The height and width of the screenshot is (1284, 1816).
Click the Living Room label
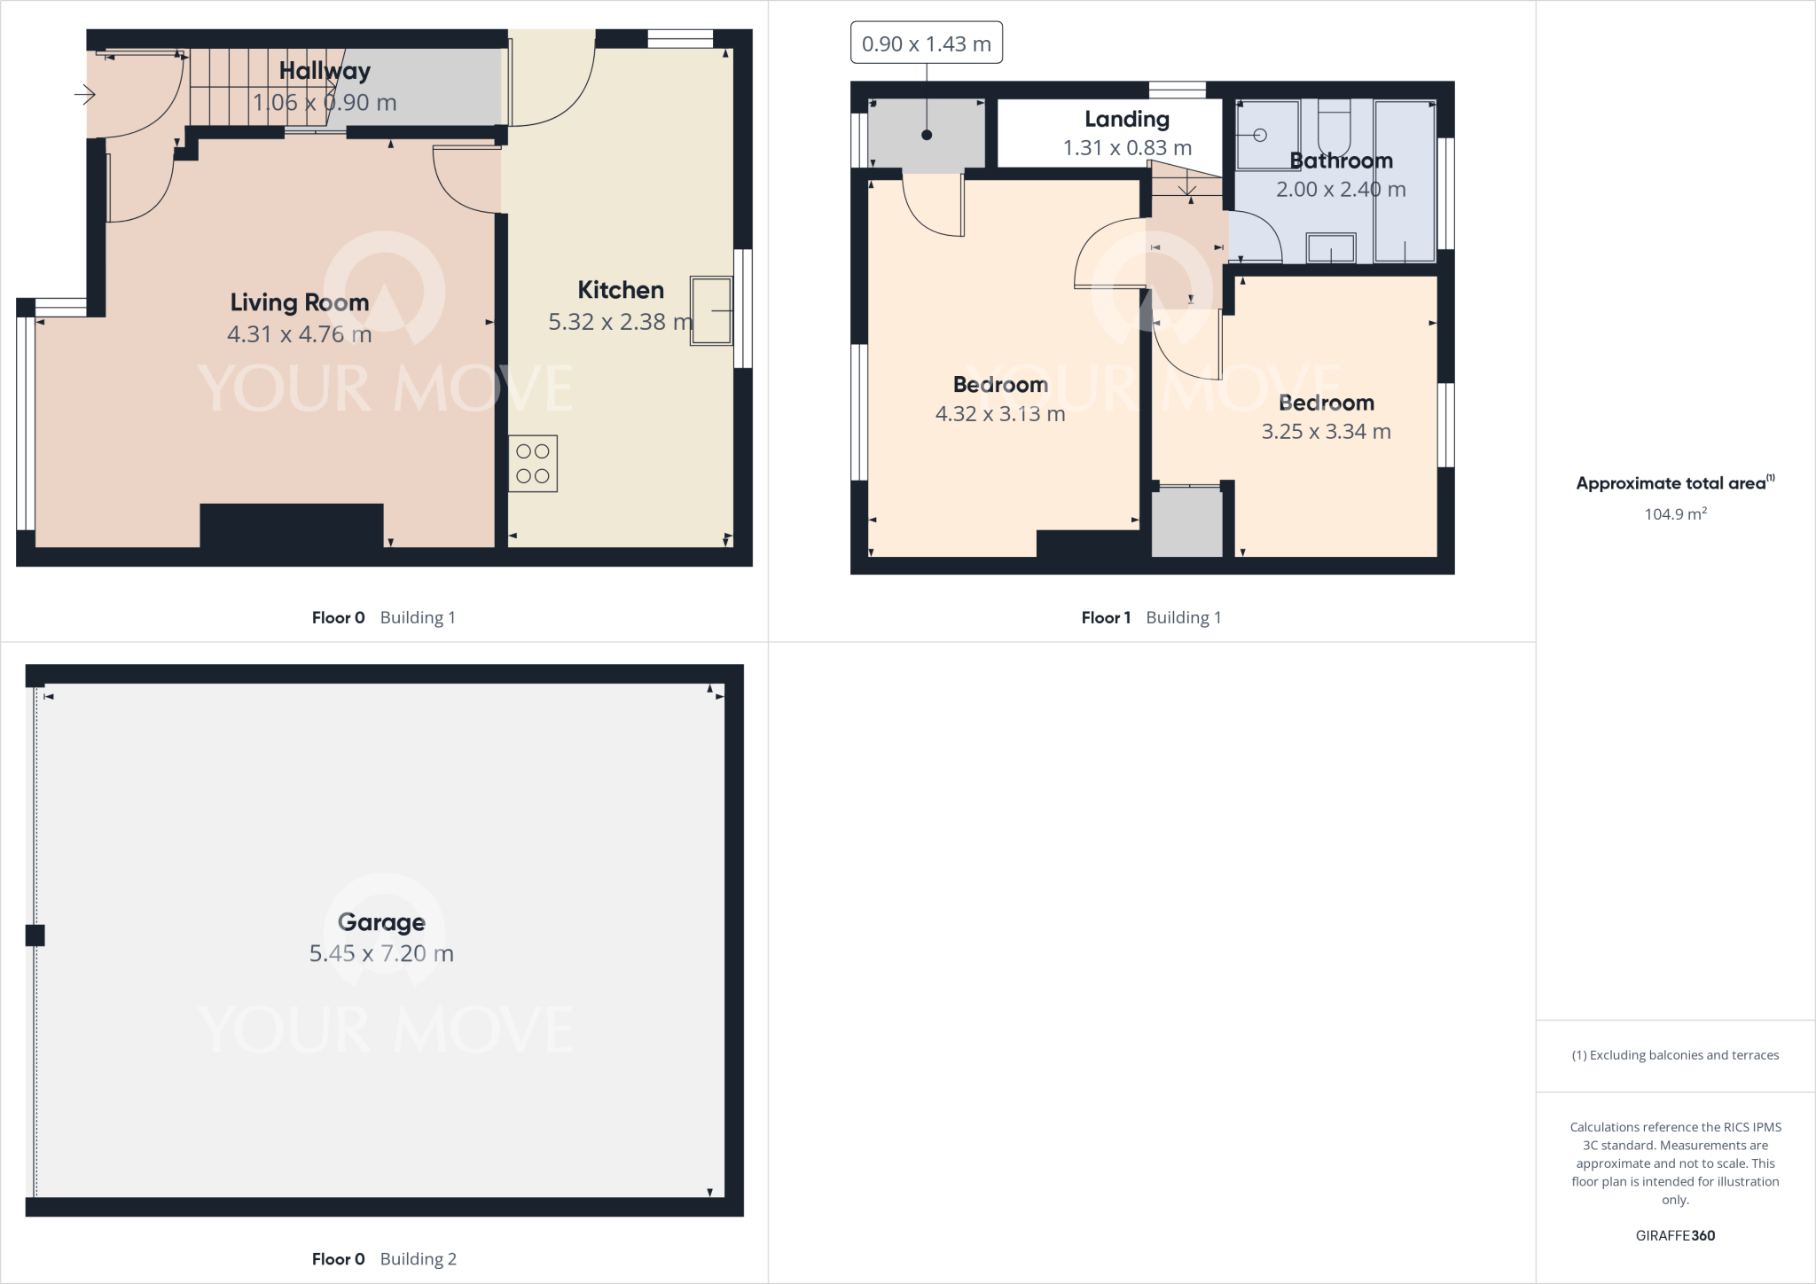300,302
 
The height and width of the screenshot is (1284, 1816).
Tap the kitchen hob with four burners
533,464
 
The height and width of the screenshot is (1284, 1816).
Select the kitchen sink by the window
711,310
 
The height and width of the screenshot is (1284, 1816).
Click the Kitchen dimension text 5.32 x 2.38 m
620,322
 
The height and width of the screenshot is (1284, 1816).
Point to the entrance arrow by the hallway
85,94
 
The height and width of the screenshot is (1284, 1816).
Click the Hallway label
325,71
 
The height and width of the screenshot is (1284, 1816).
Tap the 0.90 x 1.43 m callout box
927,43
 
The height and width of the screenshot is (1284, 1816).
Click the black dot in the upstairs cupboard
927,136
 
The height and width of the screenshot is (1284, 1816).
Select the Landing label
1127,119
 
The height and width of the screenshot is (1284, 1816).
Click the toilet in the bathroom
1334,129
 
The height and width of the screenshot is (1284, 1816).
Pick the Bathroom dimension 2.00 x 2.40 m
1341,189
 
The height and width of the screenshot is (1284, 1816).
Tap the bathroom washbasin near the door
1331,248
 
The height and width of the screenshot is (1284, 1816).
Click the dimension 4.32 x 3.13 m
1000,414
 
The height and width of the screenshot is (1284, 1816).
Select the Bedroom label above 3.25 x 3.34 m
1327,403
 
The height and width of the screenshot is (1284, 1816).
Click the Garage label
381,922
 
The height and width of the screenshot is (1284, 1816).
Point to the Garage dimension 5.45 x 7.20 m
381,953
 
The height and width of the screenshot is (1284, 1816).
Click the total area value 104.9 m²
1675,514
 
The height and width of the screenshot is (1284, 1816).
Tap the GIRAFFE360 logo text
1675,1235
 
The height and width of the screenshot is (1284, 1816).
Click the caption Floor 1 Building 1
1151,618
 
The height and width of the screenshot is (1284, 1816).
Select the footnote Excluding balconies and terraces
1675,1055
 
